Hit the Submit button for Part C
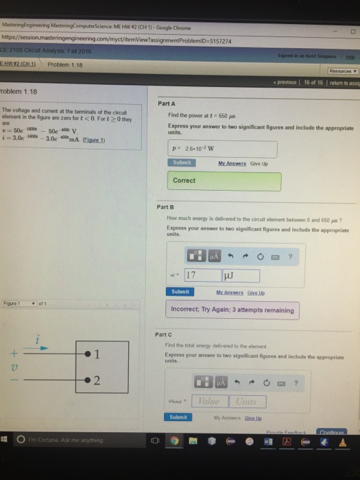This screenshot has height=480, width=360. tap(178, 416)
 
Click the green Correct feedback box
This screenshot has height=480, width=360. tap(224, 181)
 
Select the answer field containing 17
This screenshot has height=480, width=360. tap(200, 276)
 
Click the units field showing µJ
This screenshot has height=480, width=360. tap(240, 276)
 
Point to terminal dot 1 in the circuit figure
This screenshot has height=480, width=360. tap(88, 354)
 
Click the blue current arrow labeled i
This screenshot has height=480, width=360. tap(41, 348)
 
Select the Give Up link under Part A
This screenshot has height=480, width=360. tap(259, 163)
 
